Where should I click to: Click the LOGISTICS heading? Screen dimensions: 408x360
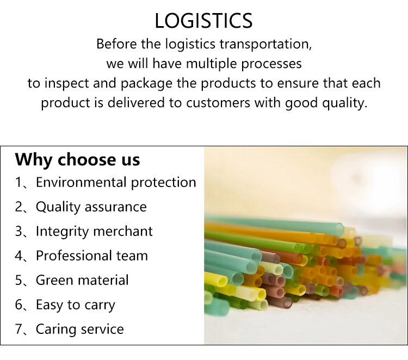[203, 21]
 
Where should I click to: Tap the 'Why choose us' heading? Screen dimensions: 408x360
[78, 159]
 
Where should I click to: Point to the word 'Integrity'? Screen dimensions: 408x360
[62, 232]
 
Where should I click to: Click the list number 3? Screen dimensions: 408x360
[19, 231]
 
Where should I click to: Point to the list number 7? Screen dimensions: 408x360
[19, 329]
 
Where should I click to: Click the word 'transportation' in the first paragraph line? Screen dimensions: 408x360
[265, 44]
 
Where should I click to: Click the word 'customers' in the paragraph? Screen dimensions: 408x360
[218, 103]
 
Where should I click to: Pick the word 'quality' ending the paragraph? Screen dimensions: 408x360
[344, 103]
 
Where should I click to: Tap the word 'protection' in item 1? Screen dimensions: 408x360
[163, 183]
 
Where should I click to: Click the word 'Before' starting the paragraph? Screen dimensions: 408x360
[116, 44]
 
